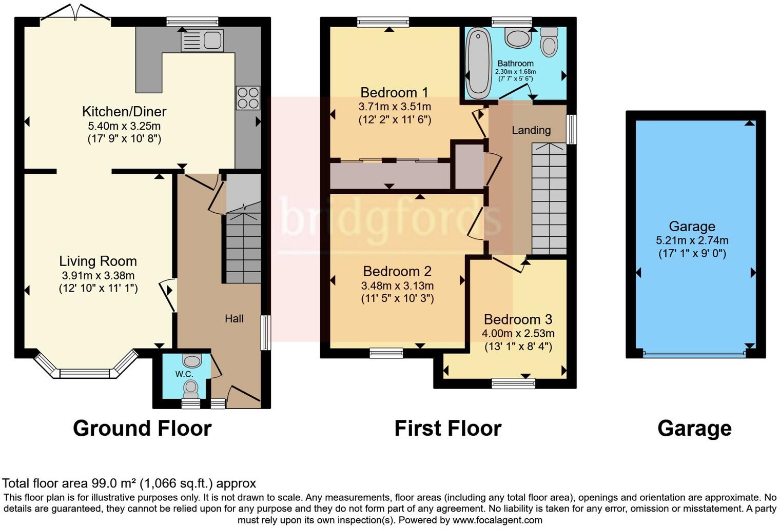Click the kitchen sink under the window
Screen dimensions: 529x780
click(x=202, y=40)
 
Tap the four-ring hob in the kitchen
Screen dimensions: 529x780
click(x=248, y=98)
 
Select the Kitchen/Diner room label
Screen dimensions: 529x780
click(x=124, y=111)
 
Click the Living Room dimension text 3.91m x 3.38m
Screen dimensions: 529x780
click(x=98, y=275)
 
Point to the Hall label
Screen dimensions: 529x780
click(x=234, y=319)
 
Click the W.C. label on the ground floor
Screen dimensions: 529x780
click(x=184, y=374)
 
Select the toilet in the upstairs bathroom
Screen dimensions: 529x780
click(x=549, y=42)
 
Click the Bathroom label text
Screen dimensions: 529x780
click(x=515, y=64)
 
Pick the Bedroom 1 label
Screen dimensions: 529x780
click(x=394, y=93)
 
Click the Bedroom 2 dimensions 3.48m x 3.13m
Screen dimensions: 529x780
click(x=397, y=286)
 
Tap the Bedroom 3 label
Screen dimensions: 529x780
click(x=518, y=320)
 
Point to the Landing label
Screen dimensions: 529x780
click(x=531, y=130)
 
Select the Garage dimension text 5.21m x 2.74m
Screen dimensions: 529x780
click(x=692, y=240)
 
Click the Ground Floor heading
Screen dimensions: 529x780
click(x=142, y=429)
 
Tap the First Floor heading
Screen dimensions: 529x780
click(x=447, y=429)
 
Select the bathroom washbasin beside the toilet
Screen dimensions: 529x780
click(x=518, y=38)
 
